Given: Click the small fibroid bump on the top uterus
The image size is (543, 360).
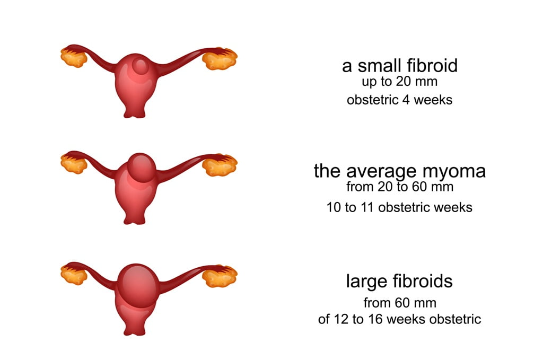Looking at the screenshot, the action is [x=141, y=65].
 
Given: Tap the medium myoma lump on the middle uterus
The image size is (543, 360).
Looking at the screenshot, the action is [x=141, y=167].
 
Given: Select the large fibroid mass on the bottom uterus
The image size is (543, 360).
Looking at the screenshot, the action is [x=138, y=286].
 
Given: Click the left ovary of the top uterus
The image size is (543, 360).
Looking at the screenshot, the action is [x=73, y=57].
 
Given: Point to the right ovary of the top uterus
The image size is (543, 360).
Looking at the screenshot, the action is [x=220, y=58].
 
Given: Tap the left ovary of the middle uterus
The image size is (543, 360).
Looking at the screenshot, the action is [x=73, y=164].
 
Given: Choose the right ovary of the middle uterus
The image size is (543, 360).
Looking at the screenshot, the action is [x=220, y=165].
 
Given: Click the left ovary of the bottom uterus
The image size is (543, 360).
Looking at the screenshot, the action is [x=73, y=275].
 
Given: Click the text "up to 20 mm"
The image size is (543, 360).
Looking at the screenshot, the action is [x=400, y=82].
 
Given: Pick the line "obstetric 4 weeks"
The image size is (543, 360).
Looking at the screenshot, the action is [x=400, y=100].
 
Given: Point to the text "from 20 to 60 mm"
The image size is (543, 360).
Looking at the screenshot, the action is [x=400, y=187].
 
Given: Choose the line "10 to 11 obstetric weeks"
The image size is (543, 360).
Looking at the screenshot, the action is [x=399, y=208].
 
